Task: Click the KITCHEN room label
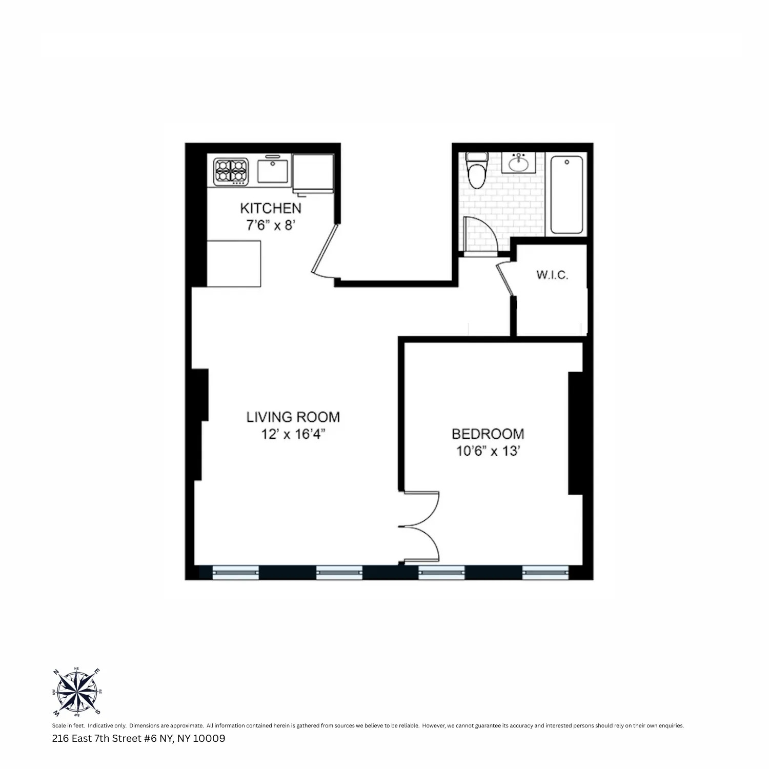(x=270, y=208)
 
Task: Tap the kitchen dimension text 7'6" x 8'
(x=270, y=225)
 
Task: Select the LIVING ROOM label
(x=293, y=417)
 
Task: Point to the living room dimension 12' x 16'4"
(x=293, y=434)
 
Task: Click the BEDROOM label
(x=488, y=434)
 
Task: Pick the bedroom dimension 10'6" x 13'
(x=488, y=451)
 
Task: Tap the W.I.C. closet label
(x=552, y=275)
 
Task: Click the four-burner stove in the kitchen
(x=231, y=171)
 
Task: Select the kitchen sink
(x=273, y=171)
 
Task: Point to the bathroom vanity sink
(x=518, y=163)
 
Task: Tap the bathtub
(x=566, y=194)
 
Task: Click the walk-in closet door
(x=505, y=279)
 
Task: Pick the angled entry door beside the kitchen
(x=325, y=251)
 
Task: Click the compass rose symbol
(x=77, y=692)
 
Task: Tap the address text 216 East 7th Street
(x=138, y=739)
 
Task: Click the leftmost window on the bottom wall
(x=235, y=572)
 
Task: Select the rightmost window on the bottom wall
(x=545, y=572)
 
